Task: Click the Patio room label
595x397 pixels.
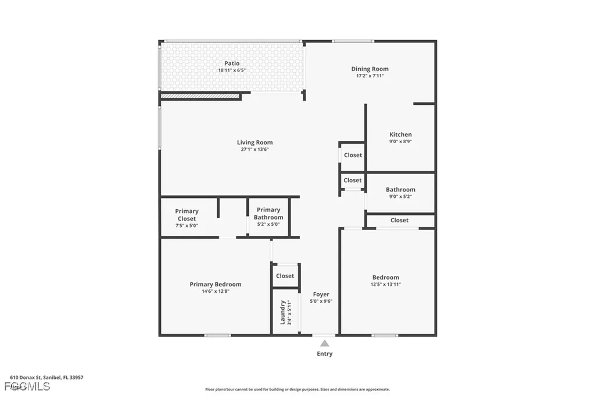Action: pyautogui.click(x=232, y=63)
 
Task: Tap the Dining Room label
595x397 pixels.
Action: pyautogui.click(x=370, y=69)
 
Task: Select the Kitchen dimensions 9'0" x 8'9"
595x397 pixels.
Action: pyautogui.click(x=400, y=141)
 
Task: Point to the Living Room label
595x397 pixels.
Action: pyautogui.click(x=255, y=143)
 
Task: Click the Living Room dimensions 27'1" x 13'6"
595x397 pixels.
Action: pyautogui.click(x=255, y=150)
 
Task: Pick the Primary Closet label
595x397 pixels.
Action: pyautogui.click(x=187, y=215)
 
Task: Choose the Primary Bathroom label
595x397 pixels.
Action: pyautogui.click(x=268, y=214)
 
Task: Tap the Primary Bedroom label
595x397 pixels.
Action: pyautogui.click(x=215, y=285)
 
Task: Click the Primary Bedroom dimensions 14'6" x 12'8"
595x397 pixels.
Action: pyautogui.click(x=215, y=292)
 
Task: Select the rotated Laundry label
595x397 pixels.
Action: pyautogui.click(x=283, y=312)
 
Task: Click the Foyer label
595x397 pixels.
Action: pyautogui.click(x=321, y=295)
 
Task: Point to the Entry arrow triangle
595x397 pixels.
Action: pyautogui.click(x=324, y=343)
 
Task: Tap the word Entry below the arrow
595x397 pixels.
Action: pyautogui.click(x=324, y=354)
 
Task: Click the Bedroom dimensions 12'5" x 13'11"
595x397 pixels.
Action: pyautogui.click(x=386, y=285)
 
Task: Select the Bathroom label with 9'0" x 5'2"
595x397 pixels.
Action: pyautogui.click(x=400, y=190)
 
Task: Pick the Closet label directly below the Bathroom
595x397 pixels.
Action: pyautogui.click(x=399, y=220)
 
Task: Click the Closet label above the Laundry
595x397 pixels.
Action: pyautogui.click(x=285, y=276)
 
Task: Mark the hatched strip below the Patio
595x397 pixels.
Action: pyautogui.click(x=200, y=96)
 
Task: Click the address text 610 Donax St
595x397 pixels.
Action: pyautogui.click(x=46, y=377)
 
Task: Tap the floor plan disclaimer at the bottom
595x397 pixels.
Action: pyautogui.click(x=297, y=389)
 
